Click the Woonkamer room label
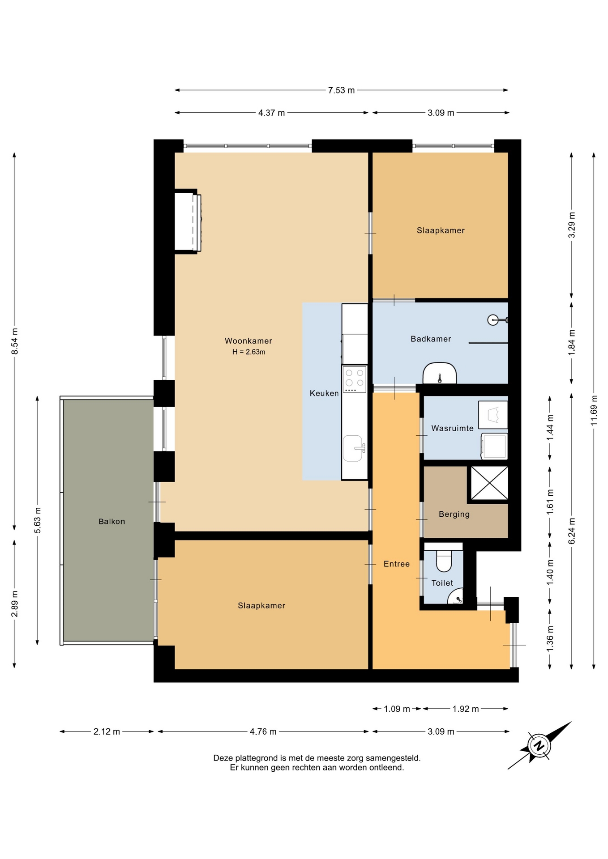[248, 341]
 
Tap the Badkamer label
[431, 339]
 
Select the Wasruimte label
[452, 428]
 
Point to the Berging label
[454, 514]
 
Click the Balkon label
[111, 521]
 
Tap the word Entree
[397, 564]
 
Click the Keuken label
[324, 393]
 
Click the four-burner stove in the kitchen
[354, 379]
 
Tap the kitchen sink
[354, 448]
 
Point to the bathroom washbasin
[440, 373]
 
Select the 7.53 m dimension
[341, 90]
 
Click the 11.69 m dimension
[594, 410]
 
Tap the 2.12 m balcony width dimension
[107, 731]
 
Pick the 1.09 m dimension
[397, 709]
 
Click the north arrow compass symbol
[539, 745]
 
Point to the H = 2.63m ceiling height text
[248, 352]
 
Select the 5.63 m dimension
[37, 520]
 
